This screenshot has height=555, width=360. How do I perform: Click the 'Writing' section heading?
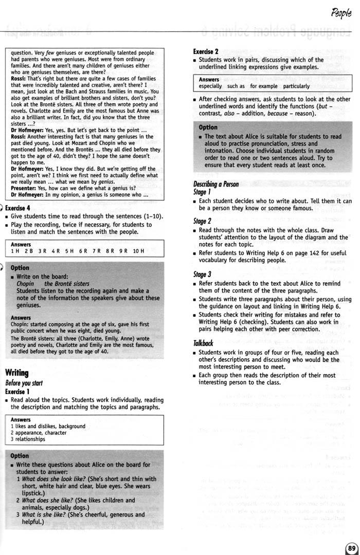click(16, 373)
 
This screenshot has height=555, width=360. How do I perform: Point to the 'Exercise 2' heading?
click(206, 51)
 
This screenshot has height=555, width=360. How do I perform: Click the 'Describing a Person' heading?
click(216, 184)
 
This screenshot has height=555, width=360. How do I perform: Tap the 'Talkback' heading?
click(203, 342)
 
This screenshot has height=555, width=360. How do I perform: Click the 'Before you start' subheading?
click(23, 383)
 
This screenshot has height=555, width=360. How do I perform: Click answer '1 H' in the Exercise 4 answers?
click(15, 251)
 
